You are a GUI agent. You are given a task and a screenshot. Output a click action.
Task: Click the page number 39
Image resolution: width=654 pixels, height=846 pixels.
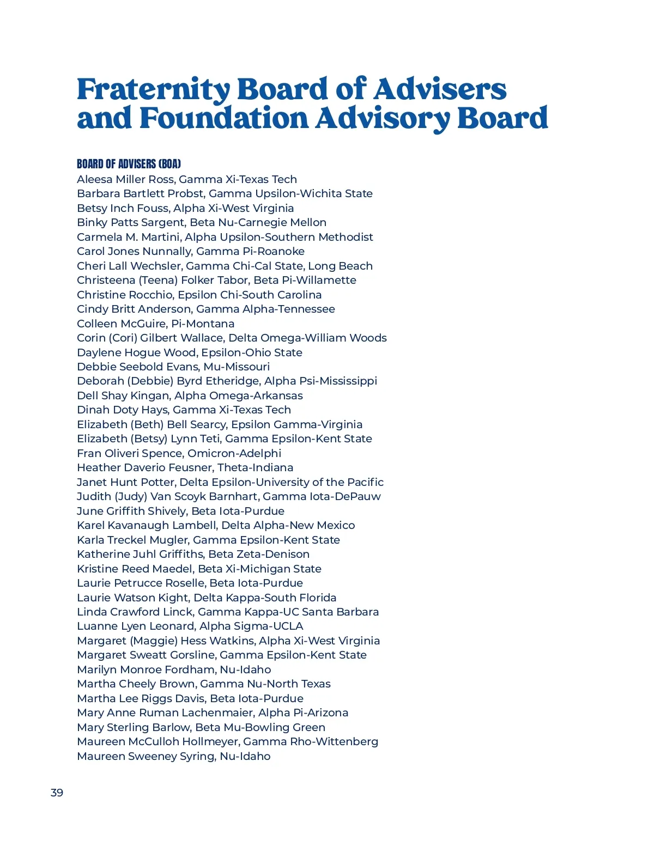pos(57,793)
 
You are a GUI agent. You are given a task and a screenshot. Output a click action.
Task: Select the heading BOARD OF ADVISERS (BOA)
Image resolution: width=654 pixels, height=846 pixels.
pos(129,164)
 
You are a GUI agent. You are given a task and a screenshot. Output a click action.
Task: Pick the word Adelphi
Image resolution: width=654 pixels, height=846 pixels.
pos(262,453)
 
